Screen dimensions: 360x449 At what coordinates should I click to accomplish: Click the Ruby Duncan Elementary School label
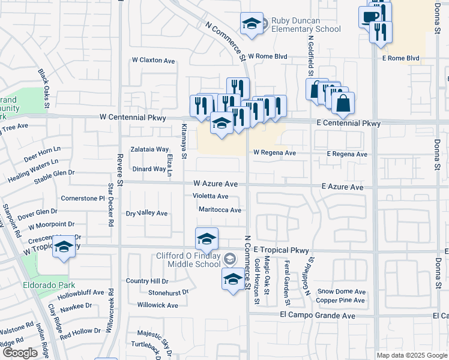tap(306, 25)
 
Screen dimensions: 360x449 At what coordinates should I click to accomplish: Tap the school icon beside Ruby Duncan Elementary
tap(252, 24)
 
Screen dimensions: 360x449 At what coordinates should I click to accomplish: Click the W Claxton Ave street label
tap(154, 61)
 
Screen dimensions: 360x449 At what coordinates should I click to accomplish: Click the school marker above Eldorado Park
tap(63, 247)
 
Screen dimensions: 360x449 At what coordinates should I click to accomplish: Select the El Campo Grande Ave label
tap(318, 316)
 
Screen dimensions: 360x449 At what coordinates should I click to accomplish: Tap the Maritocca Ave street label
tap(220, 210)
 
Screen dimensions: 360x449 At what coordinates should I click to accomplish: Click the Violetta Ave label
tap(210, 196)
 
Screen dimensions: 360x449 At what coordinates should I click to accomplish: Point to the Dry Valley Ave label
tap(146, 213)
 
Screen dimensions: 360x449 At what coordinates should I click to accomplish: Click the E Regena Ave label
tap(347, 154)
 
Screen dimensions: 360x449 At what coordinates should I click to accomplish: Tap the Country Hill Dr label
tap(147, 281)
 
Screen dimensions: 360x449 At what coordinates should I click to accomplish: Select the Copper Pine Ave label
tap(340, 301)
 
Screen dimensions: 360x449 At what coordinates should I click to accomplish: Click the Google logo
tap(20, 353)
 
